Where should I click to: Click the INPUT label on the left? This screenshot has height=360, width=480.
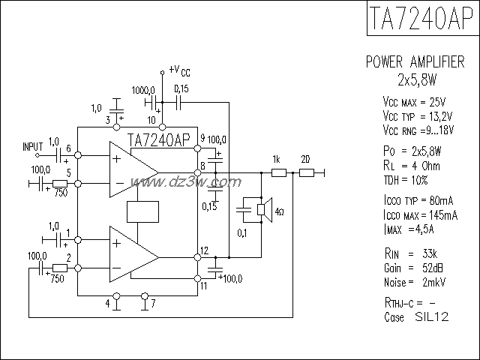(x=33, y=145)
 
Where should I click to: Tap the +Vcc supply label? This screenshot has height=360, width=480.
(x=180, y=70)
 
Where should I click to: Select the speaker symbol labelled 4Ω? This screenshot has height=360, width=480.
(x=263, y=211)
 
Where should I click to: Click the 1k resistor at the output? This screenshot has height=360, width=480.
(x=277, y=173)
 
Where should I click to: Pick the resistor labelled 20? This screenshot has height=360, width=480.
(x=305, y=173)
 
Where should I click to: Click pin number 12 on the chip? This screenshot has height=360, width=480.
(x=204, y=250)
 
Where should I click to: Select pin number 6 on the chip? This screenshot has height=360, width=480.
(x=68, y=148)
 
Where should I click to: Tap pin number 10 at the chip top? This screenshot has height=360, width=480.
(x=151, y=119)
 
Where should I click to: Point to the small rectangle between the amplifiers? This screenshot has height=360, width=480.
(x=144, y=212)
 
